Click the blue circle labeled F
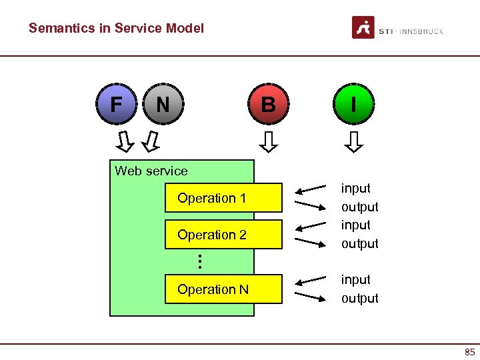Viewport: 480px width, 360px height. click(117, 105)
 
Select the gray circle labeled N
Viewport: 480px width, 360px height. click(162, 105)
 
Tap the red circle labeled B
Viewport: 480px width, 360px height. click(268, 105)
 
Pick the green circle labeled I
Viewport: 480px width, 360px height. click(353, 105)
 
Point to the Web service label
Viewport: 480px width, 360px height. click(151, 171)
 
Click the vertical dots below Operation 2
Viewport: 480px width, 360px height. click(200, 261)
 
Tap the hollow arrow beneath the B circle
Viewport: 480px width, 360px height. click(269, 141)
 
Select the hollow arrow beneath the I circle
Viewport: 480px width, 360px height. click(354, 141)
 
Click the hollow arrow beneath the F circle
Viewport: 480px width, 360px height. click(125, 141)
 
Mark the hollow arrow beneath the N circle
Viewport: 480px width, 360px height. click(152, 141)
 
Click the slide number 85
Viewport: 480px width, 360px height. click(469, 352)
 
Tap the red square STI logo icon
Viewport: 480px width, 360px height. click(363, 28)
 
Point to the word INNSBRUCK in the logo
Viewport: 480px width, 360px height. click(421, 31)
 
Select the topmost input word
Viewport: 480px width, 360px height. click(356, 189)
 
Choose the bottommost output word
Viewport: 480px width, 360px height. click(359, 298)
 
